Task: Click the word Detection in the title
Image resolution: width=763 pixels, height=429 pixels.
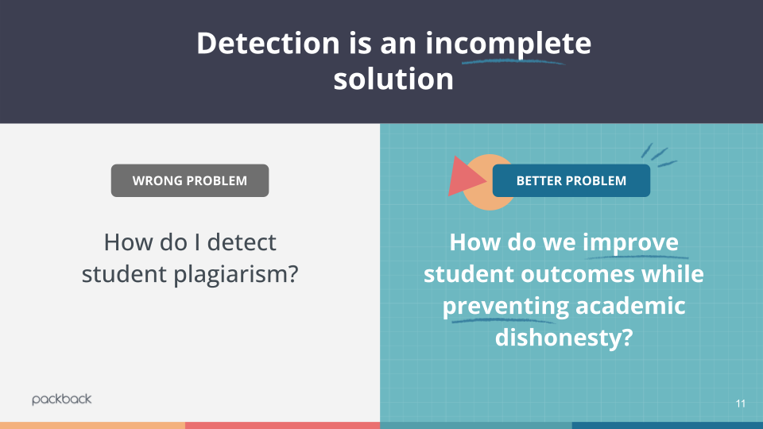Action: click(268, 43)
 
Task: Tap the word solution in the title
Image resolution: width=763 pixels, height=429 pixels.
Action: click(393, 79)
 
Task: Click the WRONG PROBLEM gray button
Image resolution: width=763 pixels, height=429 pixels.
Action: click(190, 180)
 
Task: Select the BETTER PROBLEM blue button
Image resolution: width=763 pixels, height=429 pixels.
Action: click(571, 180)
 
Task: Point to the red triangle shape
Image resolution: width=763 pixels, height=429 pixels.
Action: click(465, 177)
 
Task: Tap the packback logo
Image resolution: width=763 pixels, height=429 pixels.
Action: click(62, 400)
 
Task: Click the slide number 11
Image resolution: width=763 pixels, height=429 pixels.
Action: click(741, 404)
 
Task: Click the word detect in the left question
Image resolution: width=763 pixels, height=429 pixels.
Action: click(242, 242)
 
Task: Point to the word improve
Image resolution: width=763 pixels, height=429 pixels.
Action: click(630, 243)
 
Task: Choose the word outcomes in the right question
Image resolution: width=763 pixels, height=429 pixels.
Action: click(578, 274)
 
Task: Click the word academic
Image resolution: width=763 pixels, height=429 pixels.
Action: click(630, 305)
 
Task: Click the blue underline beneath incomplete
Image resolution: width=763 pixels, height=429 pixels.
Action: click(514, 62)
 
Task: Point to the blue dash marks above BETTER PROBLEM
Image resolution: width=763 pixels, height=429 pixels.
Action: click(658, 156)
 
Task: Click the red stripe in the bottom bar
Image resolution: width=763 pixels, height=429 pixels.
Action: click(282, 426)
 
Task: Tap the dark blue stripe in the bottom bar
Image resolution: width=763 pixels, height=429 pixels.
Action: click(667, 426)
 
